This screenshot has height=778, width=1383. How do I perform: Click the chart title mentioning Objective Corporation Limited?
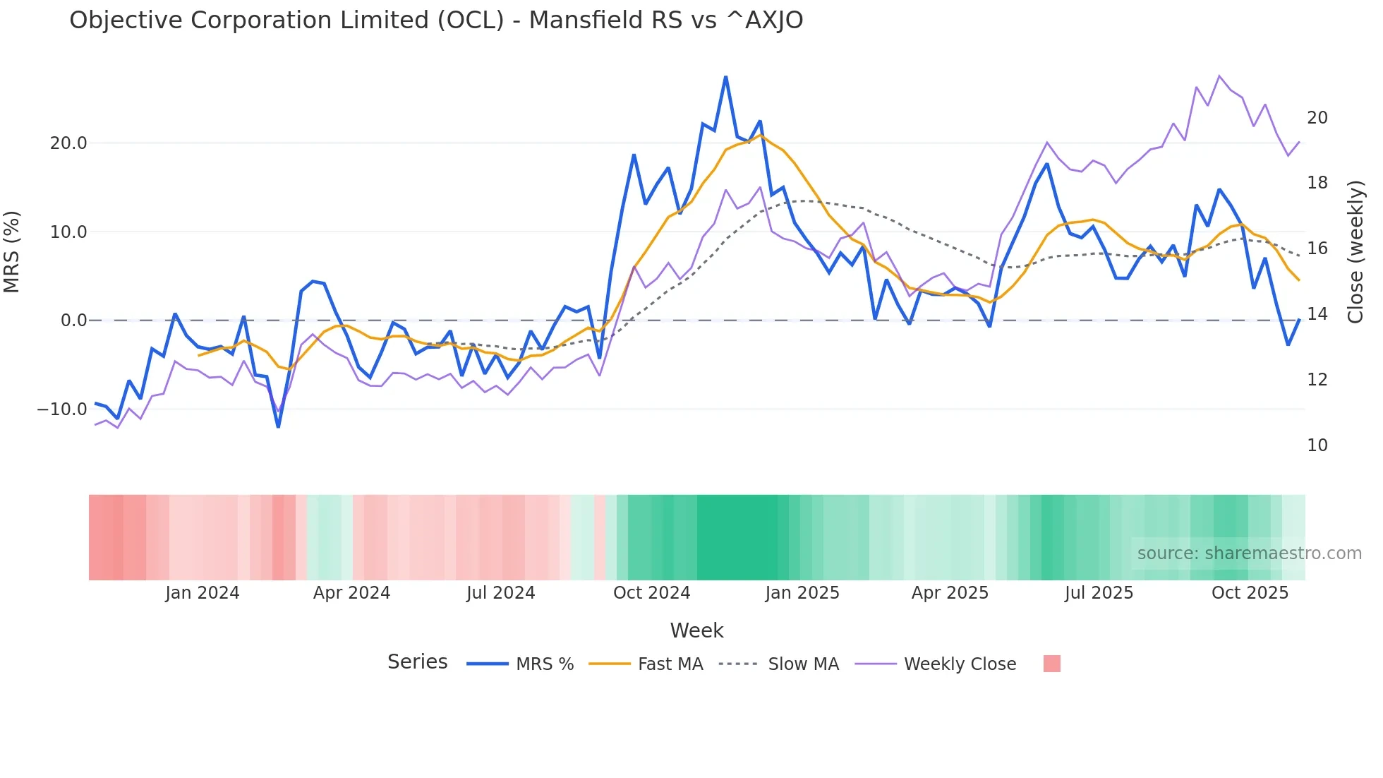pyautogui.click(x=436, y=20)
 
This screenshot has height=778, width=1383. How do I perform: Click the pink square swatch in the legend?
pyautogui.click(x=1051, y=664)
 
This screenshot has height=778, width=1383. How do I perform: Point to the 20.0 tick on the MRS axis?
pyautogui.click(x=68, y=143)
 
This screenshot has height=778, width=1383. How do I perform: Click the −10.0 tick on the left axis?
pyautogui.click(x=62, y=409)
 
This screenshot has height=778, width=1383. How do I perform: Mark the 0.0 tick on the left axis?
pyautogui.click(x=73, y=321)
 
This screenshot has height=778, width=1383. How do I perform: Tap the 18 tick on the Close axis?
pyautogui.click(x=1317, y=183)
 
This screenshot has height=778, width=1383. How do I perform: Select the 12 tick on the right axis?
pyautogui.click(x=1317, y=380)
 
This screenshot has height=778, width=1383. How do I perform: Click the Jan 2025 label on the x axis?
pyautogui.click(x=802, y=593)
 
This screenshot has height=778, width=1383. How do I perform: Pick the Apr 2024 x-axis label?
pyautogui.click(x=351, y=593)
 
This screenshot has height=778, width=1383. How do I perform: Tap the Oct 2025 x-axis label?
pyautogui.click(x=1250, y=593)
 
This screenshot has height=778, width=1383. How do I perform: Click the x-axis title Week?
pyautogui.click(x=696, y=630)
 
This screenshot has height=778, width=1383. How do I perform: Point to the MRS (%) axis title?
pyautogui.click(x=12, y=252)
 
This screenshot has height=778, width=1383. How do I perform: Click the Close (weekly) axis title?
pyautogui.click(x=1355, y=252)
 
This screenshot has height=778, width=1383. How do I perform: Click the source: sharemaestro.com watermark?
pyautogui.click(x=1249, y=553)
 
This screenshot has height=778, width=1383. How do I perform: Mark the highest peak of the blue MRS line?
pyautogui.click(x=725, y=77)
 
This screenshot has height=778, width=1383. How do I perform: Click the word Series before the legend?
pyautogui.click(x=417, y=662)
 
